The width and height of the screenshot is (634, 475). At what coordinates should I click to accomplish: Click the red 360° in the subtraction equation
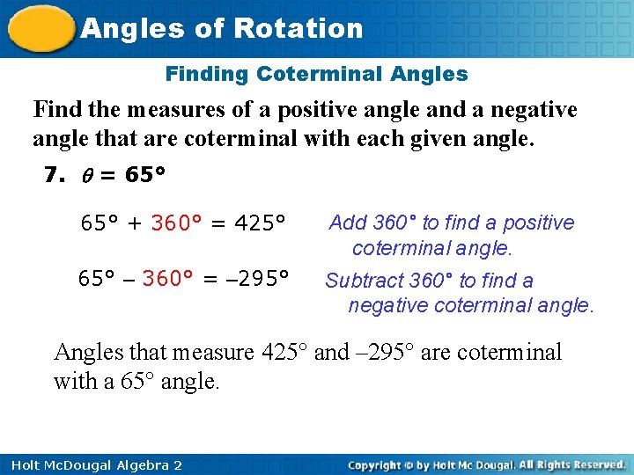coord(167,280)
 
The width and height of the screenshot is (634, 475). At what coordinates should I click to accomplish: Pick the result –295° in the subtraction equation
coord(257,280)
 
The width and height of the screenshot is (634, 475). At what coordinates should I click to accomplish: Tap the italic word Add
coord(349,223)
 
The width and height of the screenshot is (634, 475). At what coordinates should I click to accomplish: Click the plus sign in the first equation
coord(135,223)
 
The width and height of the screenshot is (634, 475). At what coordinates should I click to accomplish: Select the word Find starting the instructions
coord(55,110)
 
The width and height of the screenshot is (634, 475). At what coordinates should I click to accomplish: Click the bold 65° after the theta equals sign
coord(145,175)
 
